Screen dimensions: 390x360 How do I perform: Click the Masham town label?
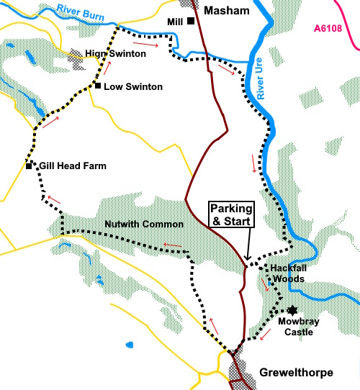(x=228, y=10)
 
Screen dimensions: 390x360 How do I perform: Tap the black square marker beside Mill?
(x=191, y=21)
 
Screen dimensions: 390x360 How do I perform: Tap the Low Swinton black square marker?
(x=96, y=86)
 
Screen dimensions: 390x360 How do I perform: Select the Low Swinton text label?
(x=133, y=87)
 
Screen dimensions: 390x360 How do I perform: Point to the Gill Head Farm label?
(x=73, y=166)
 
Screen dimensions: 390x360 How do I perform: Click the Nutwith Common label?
(x=144, y=224)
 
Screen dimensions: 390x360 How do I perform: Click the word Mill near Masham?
(x=174, y=21)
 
